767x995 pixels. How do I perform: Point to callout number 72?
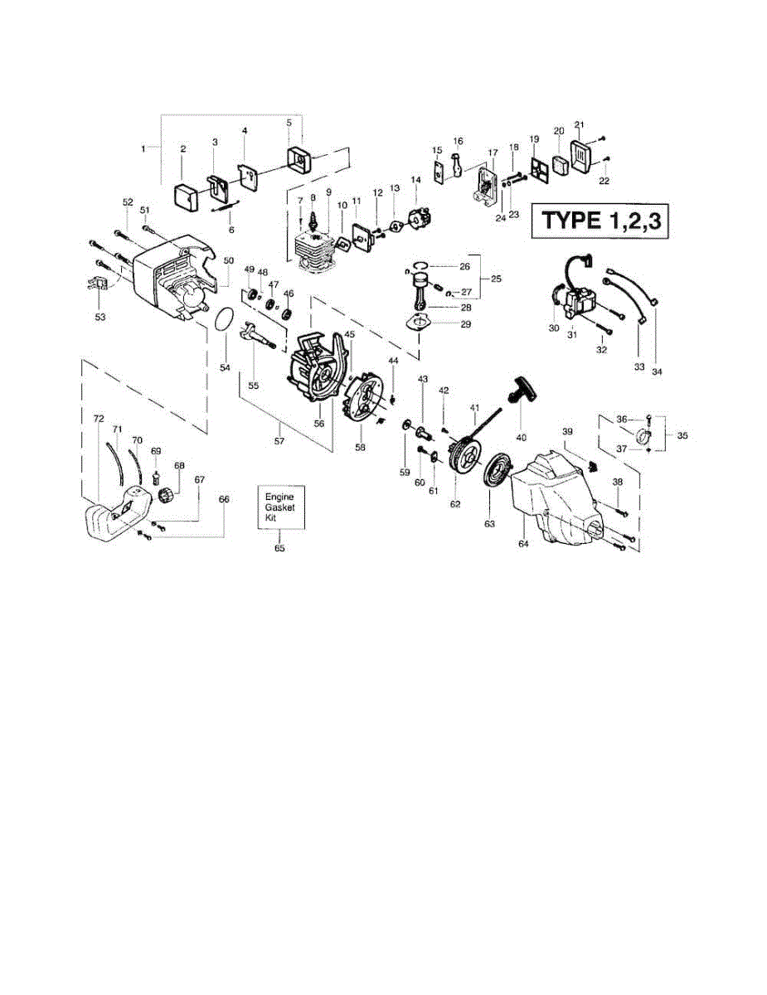(99, 419)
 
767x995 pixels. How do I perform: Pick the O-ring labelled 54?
(222, 320)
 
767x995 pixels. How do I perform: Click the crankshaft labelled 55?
(258, 337)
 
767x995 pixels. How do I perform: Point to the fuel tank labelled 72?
(112, 514)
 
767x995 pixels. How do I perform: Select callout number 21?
(580, 124)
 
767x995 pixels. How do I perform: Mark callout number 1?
(143, 148)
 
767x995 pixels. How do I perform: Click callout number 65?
(279, 548)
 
